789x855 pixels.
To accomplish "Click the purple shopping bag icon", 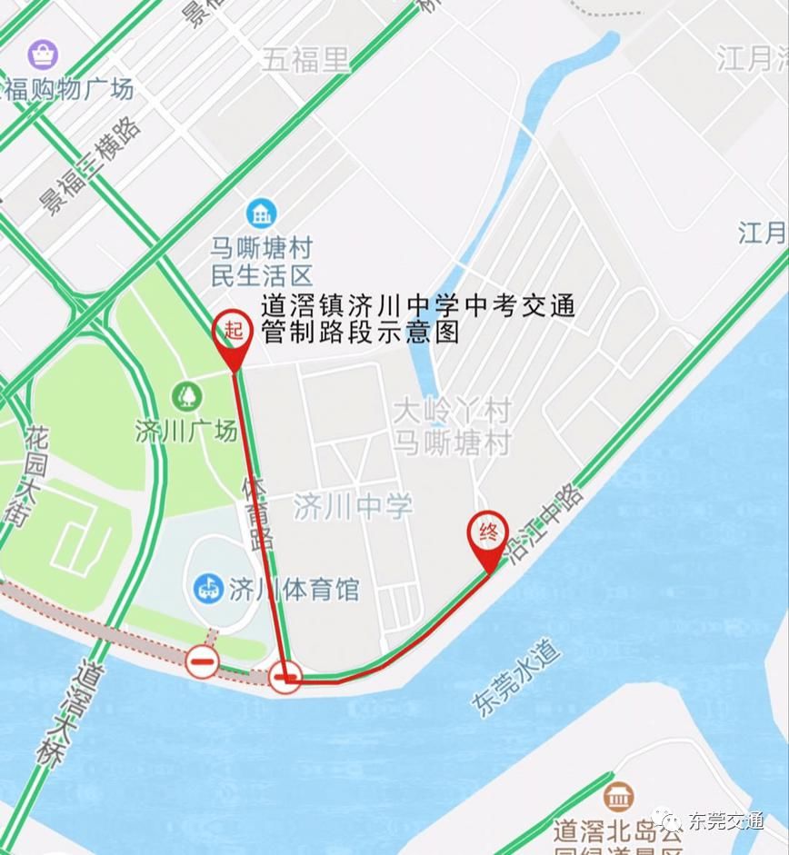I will pyautogui.click(x=42, y=55).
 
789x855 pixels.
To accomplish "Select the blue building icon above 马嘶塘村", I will pyautogui.click(x=262, y=214).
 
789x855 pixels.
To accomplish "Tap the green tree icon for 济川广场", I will pyautogui.click(x=186, y=396).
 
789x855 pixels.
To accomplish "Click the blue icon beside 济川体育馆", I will pyautogui.click(x=208, y=588).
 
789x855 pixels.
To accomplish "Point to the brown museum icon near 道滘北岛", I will pyautogui.click(x=618, y=797).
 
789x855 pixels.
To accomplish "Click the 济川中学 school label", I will pyautogui.click(x=353, y=507).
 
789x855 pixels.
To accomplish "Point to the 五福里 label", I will pyautogui.click(x=305, y=60).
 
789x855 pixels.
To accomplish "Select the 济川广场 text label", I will pyautogui.click(x=185, y=430).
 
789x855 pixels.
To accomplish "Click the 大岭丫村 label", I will pyautogui.click(x=452, y=411).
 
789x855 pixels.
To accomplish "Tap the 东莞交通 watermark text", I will pyautogui.click(x=725, y=821).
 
